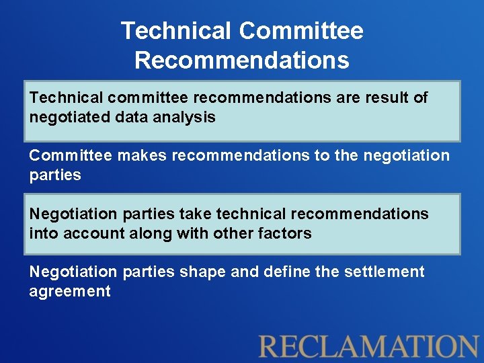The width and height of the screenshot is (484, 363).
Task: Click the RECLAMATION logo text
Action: click(368, 346)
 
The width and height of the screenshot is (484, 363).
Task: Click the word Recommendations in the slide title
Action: click(242, 61)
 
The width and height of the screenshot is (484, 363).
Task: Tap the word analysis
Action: click(184, 117)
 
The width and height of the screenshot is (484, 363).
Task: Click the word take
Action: click(195, 214)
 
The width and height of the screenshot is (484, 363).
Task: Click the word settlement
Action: click(384, 272)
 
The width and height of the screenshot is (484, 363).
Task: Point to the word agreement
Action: click(70, 292)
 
